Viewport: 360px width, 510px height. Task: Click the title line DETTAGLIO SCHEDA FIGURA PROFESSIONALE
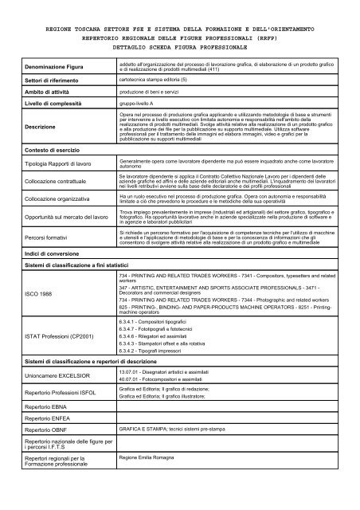[179, 49]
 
